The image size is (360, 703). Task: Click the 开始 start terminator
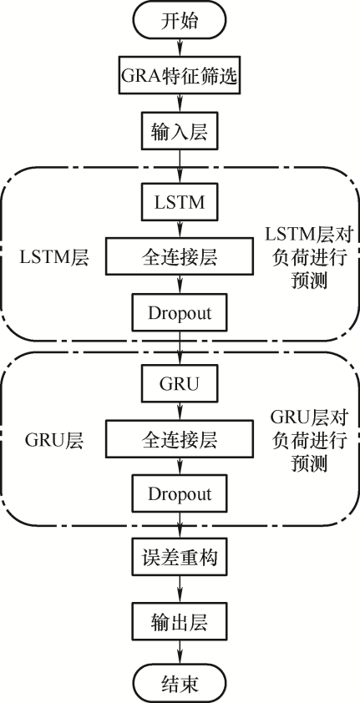(x=180, y=21)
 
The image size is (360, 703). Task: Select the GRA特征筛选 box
(x=180, y=75)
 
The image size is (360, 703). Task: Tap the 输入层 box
(x=180, y=131)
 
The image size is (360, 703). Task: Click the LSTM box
(x=180, y=202)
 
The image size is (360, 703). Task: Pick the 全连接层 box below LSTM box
(x=180, y=256)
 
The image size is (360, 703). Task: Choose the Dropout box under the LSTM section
(x=180, y=312)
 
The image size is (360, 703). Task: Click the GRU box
(x=180, y=383)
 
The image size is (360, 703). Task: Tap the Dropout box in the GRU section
(x=180, y=494)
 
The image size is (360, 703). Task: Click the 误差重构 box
(x=180, y=557)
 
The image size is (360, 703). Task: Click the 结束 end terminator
(x=180, y=684)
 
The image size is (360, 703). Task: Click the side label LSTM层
(x=54, y=258)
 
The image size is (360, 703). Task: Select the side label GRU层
(x=54, y=440)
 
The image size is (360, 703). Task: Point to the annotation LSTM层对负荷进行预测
(x=307, y=257)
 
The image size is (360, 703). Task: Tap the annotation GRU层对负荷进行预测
(x=307, y=439)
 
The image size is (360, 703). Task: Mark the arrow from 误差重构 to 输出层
(x=180, y=589)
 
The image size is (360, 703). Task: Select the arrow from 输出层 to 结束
(x=180, y=653)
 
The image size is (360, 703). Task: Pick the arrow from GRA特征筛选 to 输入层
(x=180, y=104)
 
